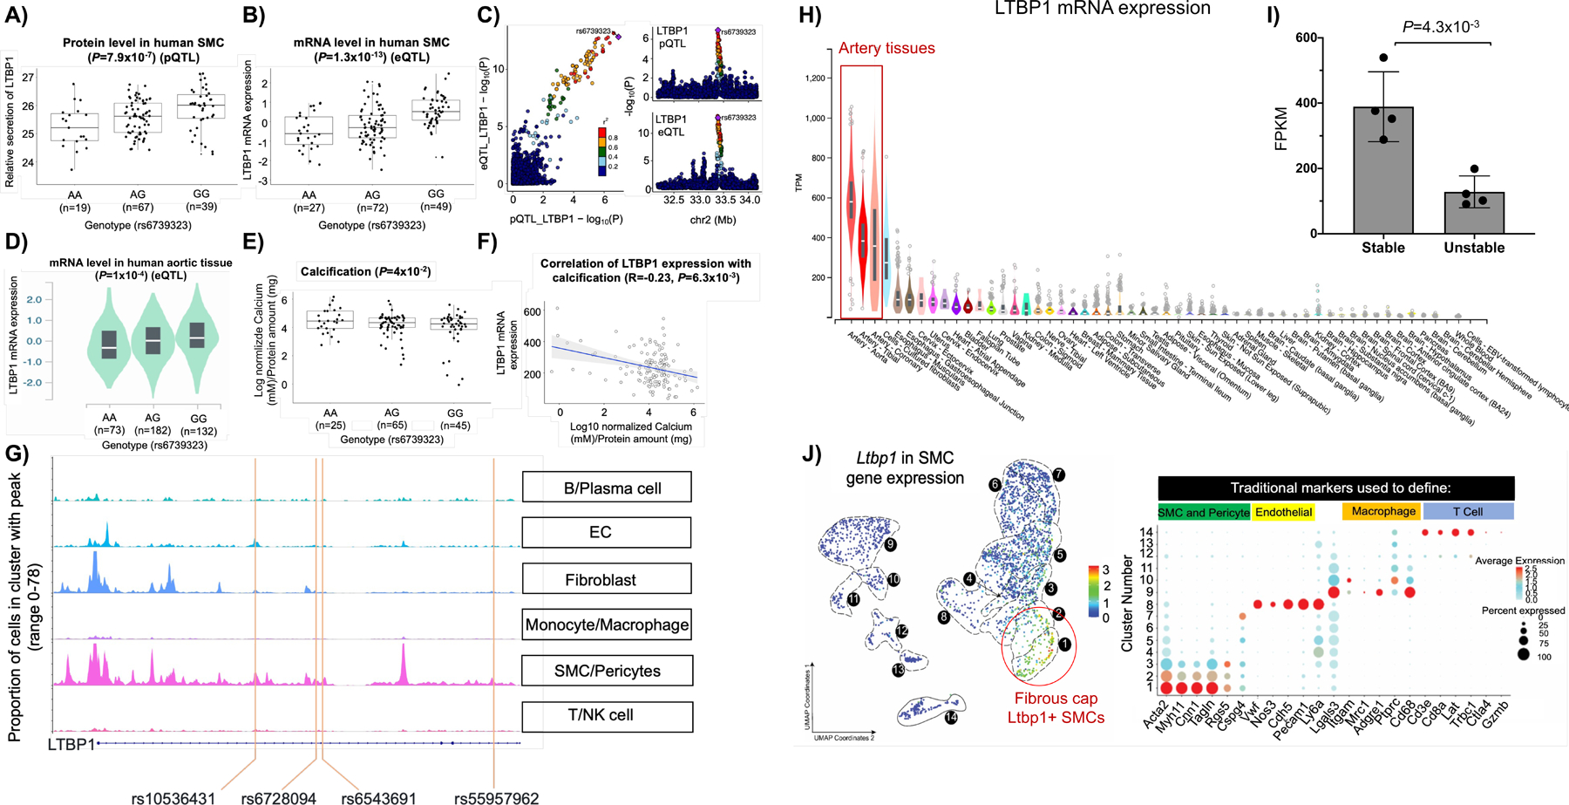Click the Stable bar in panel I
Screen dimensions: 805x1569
point(1382,170)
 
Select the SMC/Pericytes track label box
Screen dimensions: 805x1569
point(607,671)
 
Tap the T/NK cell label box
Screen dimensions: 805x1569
point(607,715)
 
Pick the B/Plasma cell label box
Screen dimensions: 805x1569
point(607,488)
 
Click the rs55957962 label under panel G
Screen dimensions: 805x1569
point(496,797)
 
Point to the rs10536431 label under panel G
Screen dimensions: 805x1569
point(173,797)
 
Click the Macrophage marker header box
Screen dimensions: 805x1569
point(1382,512)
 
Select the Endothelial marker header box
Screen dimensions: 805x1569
point(1283,512)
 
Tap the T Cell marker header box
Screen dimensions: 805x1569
point(1468,512)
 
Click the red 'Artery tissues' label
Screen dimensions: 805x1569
point(886,49)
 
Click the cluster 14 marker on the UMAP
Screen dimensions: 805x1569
point(951,717)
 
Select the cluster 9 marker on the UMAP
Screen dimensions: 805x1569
point(890,544)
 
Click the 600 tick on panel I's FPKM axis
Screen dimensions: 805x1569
point(1304,38)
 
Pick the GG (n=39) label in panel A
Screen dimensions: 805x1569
point(201,200)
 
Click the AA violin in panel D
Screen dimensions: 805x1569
point(109,341)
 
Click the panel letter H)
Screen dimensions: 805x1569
point(811,16)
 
